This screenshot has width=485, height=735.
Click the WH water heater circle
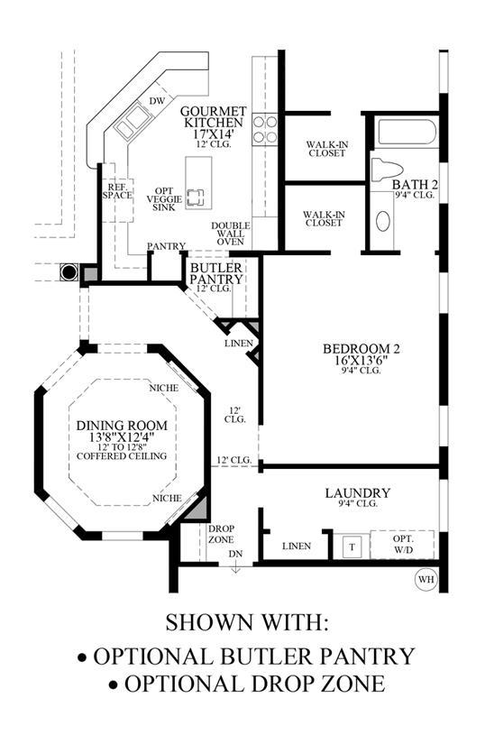pos(426,579)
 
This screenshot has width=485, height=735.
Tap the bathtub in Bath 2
pos(407,133)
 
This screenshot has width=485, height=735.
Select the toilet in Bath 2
pos(387,170)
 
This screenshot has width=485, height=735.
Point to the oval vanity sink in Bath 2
pos(383,221)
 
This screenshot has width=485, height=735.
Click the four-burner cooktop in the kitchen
pos(265,129)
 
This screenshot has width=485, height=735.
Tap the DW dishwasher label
pos(158,101)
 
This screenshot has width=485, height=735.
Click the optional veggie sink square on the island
pos(196,198)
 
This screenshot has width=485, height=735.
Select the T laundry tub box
pos(352,547)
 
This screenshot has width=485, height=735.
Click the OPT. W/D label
pos(403,544)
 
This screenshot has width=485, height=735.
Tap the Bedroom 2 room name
pos(361,349)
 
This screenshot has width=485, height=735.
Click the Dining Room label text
pos(122,426)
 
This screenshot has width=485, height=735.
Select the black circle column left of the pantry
pos(69,271)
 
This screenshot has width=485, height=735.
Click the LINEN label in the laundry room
pos(297,547)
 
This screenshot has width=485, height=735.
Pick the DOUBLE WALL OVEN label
pos(231,234)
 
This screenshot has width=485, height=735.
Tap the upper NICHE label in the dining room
pos(164,388)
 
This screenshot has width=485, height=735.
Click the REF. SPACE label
pos(117,191)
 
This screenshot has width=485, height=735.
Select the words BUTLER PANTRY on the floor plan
pos(216,274)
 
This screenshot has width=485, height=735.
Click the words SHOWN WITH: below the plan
pos(246,622)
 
